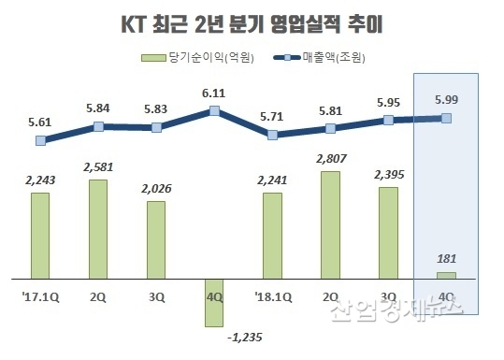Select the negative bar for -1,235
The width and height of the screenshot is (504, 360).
point(214,302)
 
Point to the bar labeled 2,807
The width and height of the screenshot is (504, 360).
point(330,224)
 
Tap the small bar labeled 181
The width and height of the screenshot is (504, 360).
point(446,275)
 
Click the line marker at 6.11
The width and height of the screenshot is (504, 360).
point(214,111)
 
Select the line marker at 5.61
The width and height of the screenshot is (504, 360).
point(39,141)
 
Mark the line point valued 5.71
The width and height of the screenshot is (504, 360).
point(272,135)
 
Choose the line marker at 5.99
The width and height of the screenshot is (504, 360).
point(446,118)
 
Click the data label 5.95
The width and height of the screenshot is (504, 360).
point(387,101)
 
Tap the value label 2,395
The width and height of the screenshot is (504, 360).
point(387,174)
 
